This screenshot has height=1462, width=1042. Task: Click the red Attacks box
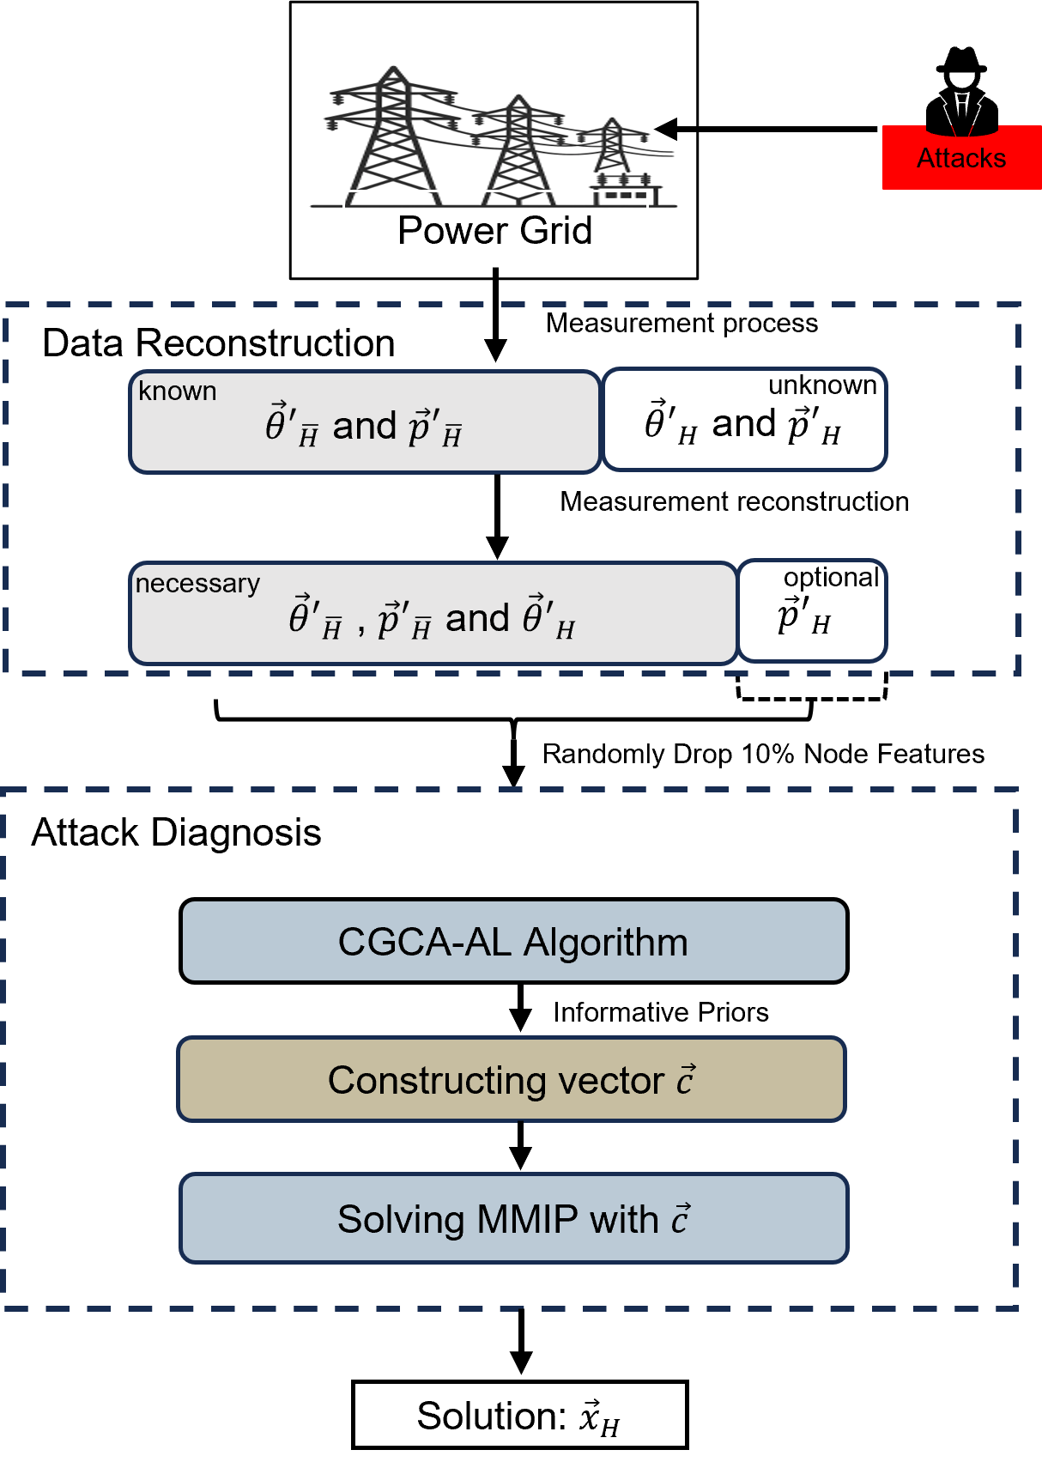tap(961, 158)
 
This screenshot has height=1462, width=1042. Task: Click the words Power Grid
tap(494, 231)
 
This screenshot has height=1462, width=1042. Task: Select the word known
tap(177, 391)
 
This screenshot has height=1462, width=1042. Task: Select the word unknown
tap(821, 385)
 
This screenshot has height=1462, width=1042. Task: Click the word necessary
tap(197, 584)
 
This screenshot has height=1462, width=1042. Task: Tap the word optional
tap(830, 578)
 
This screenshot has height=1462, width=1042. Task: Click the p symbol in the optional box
tap(790, 616)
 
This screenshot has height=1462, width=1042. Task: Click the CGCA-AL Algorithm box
tap(513, 942)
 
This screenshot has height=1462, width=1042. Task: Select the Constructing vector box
tap(512, 1080)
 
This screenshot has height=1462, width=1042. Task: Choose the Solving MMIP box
tap(513, 1219)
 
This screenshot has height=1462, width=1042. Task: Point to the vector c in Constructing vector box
tap(685, 1080)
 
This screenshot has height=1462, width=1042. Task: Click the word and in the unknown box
tap(743, 424)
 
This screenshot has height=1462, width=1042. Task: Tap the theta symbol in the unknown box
tap(657, 422)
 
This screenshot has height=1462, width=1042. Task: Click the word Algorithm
tap(605, 943)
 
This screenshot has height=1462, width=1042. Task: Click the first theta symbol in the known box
tap(276, 424)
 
